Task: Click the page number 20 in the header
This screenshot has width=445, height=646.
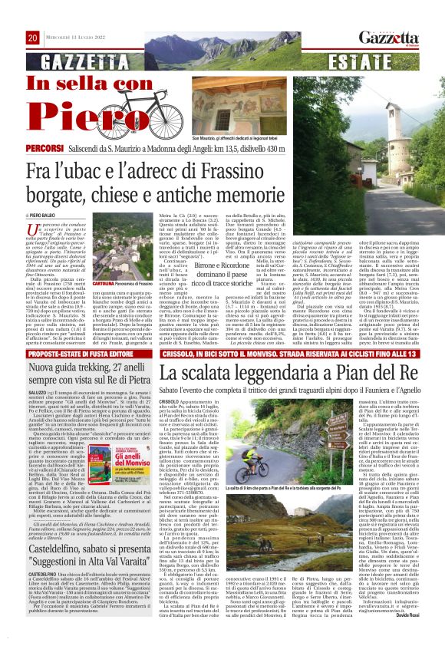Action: click(33, 38)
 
